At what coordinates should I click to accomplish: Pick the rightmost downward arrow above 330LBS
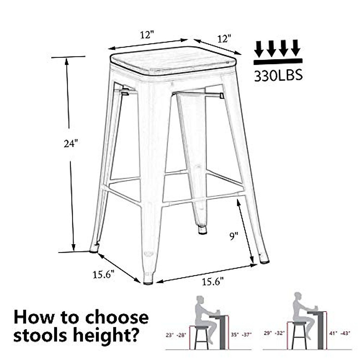[295, 48]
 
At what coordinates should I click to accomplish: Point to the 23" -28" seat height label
[176, 334]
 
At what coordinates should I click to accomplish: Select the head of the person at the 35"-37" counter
[200, 300]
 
